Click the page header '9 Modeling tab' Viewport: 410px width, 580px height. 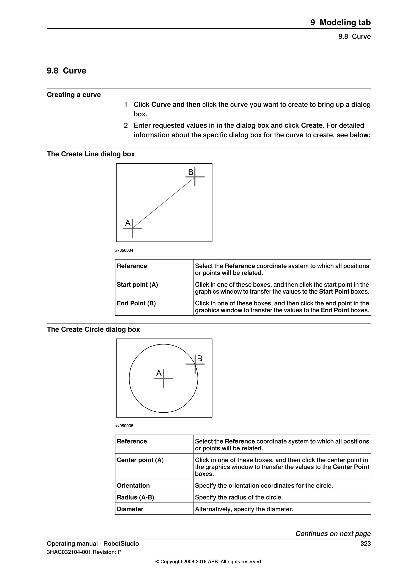pyautogui.click(x=340, y=22)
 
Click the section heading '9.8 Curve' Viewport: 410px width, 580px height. pyautogui.click(x=66, y=71)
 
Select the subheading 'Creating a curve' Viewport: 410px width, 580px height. pyautogui.click(x=74, y=95)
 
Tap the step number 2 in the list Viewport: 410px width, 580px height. pyautogui.click(x=126, y=126)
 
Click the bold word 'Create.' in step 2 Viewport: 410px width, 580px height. pyautogui.click(x=313, y=126)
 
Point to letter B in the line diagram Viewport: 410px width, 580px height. pyautogui.click(x=191, y=172)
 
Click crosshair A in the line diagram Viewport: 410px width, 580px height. pyautogui.click(x=132, y=228)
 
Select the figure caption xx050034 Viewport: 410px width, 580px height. pyautogui.click(x=124, y=250)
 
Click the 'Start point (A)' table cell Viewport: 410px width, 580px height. pyautogui.click(x=137, y=285)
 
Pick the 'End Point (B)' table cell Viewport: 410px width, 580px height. pyautogui.click(x=136, y=303)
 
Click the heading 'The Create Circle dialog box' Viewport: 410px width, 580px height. pyautogui.click(x=93, y=329)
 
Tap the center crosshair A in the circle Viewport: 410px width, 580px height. pyautogui.click(x=164, y=378)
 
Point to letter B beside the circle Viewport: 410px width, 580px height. pyautogui.click(x=200, y=358)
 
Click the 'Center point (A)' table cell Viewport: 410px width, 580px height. pyautogui.click(x=140, y=460)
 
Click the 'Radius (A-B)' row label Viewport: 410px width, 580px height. pyautogui.click(x=135, y=497)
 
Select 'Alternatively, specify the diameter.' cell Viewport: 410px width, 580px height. pyautogui.click(x=244, y=509)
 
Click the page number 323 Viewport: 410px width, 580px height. pyautogui.click(x=365, y=544)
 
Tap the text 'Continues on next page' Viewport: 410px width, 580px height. pyautogui.click(x=333, y=534)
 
